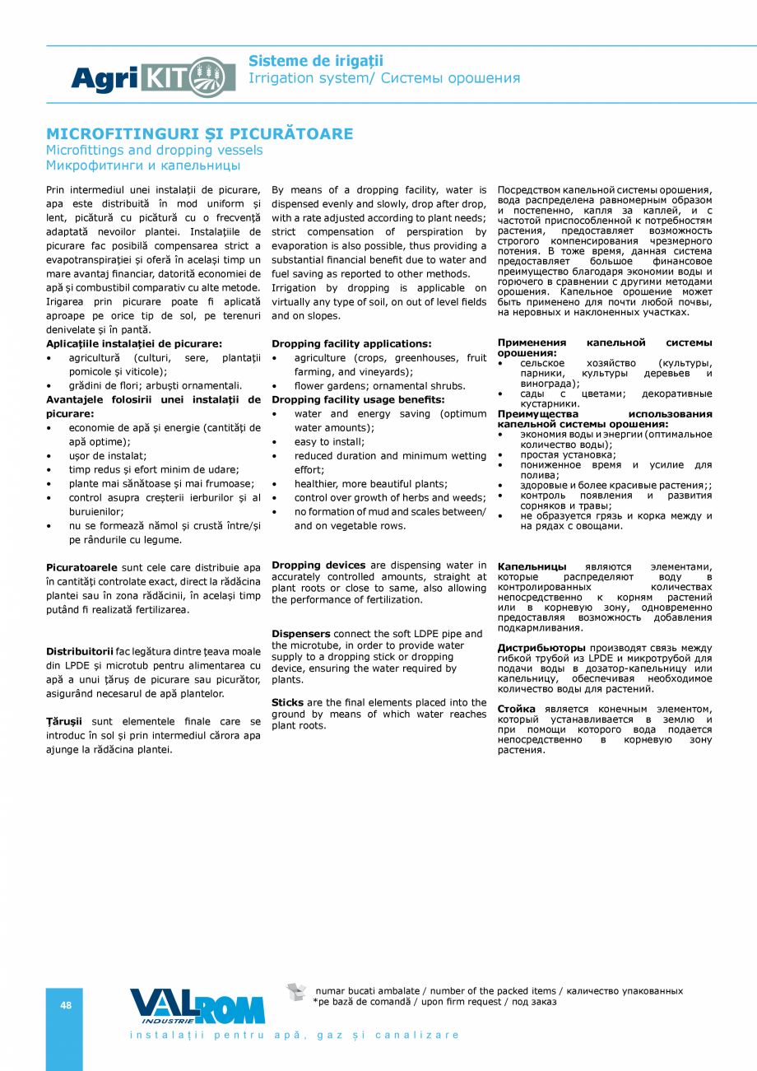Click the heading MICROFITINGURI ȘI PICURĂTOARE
[199, 133]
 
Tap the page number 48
[66, 1005]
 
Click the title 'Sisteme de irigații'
[316, 61]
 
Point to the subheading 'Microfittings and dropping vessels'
[155, 150]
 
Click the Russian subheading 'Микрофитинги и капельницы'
[143, 165]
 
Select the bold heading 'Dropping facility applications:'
[351, 343]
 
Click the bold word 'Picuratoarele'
[82, 567]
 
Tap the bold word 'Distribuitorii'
[80, 651]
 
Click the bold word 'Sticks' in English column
[287, 702]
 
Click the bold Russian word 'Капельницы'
[532, 566]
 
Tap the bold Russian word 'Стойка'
[516, 709]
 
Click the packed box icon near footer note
[296, 992]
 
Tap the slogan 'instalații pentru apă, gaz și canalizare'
[295, 1035]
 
